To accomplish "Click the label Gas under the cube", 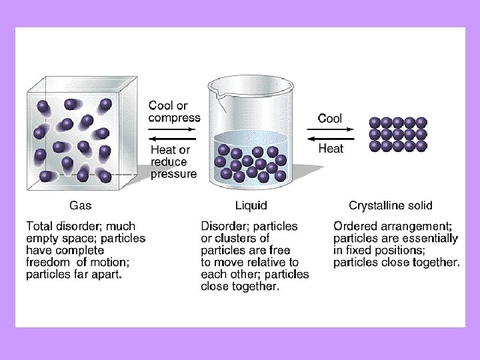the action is tap(81, 205).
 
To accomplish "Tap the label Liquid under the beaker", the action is tap(251, 205).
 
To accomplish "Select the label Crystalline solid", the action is tap(391, 205).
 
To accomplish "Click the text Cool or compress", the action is tap(174, 111).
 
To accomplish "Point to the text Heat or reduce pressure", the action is tap(173, 162).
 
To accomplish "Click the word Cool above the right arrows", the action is tap(330, 119).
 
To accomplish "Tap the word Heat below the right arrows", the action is tap(331, 149).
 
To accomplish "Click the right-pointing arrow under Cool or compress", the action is tap(173, 128).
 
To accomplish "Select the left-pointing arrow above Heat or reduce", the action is tap(173, 138).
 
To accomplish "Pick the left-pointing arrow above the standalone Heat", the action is tap(330, 138).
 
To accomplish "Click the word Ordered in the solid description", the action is tap(356, 227).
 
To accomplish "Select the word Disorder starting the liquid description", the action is tap(225, 227).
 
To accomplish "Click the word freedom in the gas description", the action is tap(48, 263).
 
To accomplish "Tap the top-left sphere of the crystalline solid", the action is tap(375, 122).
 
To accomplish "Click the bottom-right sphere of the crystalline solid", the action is tap(422, 145).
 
